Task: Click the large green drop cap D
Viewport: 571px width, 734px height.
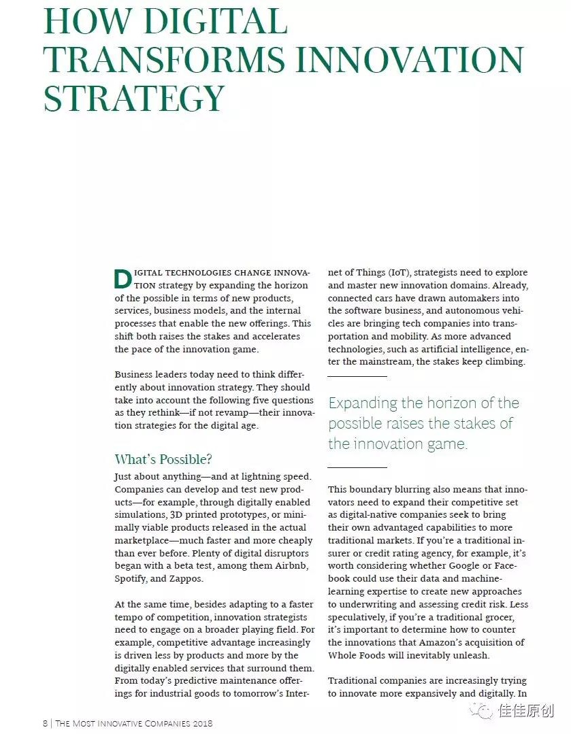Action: coord(123,279)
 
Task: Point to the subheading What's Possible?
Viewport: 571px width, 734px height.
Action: coord(163,459)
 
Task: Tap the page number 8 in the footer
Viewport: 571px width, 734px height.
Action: coord(45,723)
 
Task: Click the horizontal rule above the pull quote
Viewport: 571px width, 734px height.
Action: coord(357,376)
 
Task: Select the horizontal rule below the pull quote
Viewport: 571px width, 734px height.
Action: coord(357,467)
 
